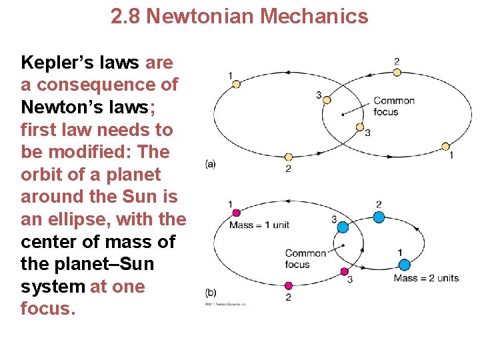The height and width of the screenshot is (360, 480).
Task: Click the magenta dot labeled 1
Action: (x=235, y=213)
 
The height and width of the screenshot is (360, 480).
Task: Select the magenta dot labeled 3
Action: (x=345, y=271)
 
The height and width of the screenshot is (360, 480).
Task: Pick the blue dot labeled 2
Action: (x=379, y=216)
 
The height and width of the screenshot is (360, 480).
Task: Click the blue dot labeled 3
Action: (x=343, y=227)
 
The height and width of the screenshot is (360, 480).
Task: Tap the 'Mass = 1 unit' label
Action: (x=259, y=225)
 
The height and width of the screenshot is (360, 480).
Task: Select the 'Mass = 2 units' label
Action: (x=426, y=277)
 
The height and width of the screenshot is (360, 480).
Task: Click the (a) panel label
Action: (x=210, y=163)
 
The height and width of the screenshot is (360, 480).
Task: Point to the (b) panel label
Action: (x=211, y=292)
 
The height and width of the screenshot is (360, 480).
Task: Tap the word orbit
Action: (x=42, y=175)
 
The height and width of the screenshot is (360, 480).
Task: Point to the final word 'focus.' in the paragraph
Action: (x=44, y=309)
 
